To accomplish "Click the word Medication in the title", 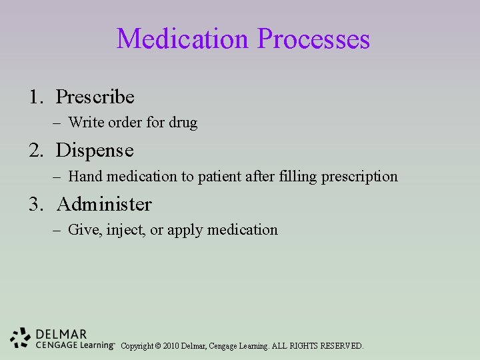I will point(183,39).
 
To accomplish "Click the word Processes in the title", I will point(313,39).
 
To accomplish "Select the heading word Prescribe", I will point(95,97).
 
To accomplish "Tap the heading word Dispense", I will point(95,151).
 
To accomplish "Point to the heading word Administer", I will point(104,204).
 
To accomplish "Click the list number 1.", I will point(35,97).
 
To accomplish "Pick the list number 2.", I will point(35,151).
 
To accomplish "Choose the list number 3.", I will point(35,204).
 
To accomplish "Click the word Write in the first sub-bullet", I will point(84,123).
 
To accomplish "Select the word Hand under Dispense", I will point(83,177).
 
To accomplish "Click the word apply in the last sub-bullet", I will point(185,230).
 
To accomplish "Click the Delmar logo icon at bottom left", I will point(20,338).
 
